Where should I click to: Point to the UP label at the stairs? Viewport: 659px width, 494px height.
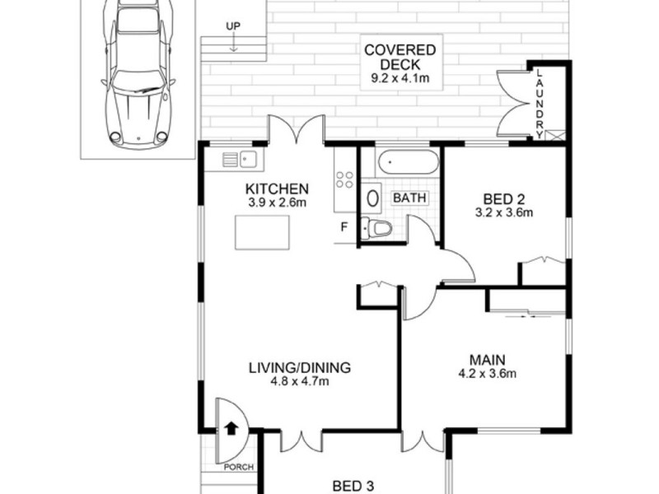(233, 27)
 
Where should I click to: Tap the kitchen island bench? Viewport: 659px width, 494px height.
(264, 231)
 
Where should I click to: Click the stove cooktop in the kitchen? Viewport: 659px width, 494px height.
(344, 180)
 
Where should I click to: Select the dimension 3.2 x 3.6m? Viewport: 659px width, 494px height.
(503, 212)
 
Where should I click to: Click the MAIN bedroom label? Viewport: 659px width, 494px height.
(488, 360)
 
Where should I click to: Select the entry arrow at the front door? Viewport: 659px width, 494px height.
(231, 428)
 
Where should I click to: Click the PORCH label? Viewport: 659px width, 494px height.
(232, 468)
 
